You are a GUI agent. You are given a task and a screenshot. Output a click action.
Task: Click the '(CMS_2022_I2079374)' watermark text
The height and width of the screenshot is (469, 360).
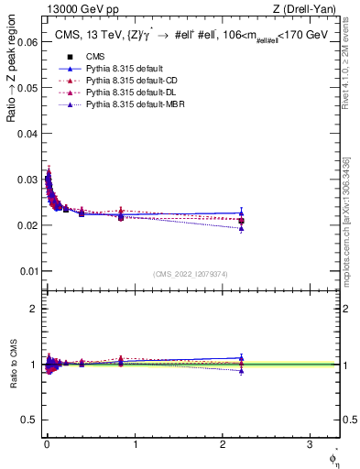[190, 274]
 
